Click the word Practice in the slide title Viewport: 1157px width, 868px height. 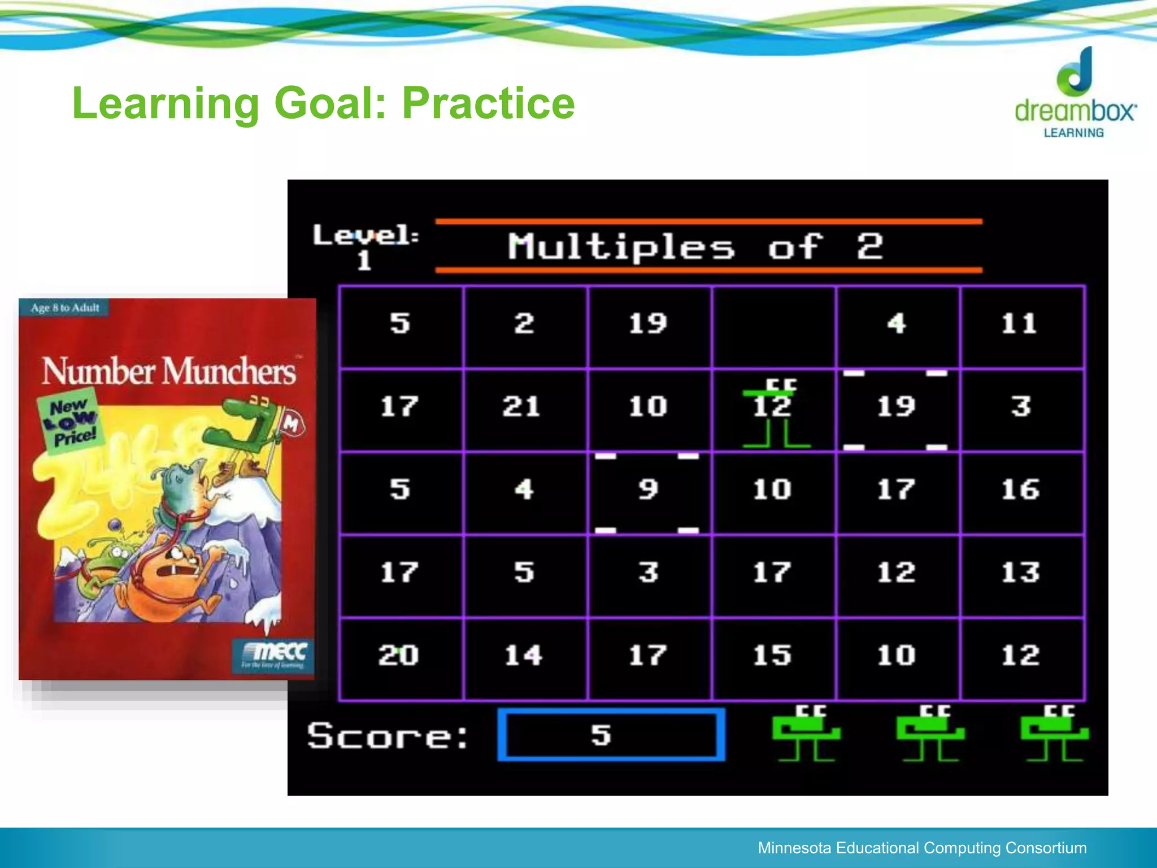(x=488, y=103)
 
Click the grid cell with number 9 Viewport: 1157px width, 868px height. (x=648, y=490)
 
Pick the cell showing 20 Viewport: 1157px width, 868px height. (x=399, y=656)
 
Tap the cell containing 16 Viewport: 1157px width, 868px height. (x=1020, y=490)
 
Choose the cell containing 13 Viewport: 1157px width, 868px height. (x=1020, y=572)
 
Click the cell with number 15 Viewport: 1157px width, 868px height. (x=772, y=656)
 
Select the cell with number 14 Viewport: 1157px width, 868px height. (x=523, y=656)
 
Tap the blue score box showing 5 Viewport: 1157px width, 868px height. (x=611, y=735)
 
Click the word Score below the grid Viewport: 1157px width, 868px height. (x=388, y=736)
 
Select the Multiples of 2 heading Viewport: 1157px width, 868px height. (x=694, y=247)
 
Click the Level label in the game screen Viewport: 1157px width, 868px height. (x=366, y=236)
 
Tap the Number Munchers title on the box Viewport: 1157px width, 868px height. (x=169, y=372)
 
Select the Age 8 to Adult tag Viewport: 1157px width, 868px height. (x=64, y=308)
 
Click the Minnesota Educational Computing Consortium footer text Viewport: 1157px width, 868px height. (x=921, y=848)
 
